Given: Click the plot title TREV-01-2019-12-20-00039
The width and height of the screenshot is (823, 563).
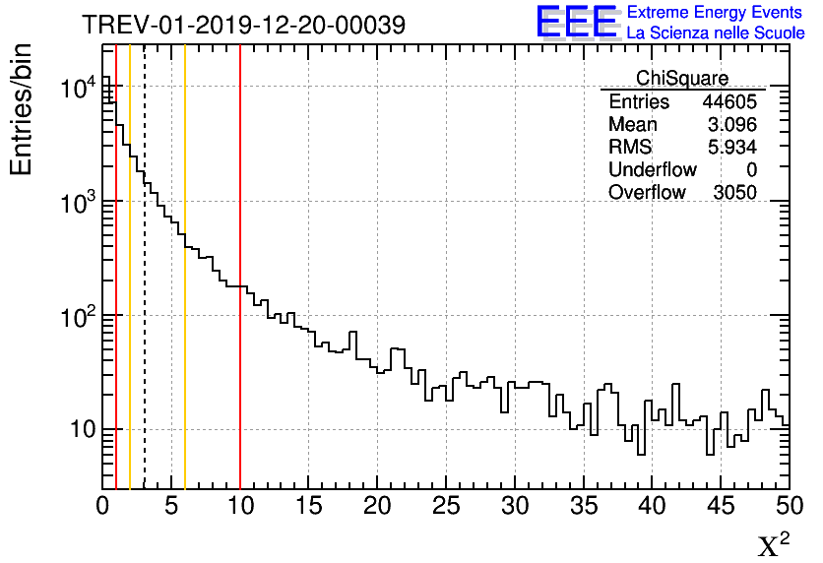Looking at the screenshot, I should click(243, 25).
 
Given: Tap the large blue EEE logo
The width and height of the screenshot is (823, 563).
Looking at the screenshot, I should click(576, 22).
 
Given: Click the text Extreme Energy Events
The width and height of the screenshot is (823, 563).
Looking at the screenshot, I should click(715, 13).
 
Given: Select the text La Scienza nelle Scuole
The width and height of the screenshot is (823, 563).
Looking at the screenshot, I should click(715, 33).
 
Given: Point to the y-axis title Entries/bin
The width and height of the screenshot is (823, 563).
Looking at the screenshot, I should click(22, 108).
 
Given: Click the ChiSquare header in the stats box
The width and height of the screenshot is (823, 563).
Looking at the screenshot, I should click(682, 79).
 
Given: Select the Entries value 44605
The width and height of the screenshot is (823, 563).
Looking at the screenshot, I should click(728, 102).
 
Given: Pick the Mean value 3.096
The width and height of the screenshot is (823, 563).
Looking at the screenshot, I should click(732, 125).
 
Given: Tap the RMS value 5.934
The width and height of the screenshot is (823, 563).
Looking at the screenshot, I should click(732, 148).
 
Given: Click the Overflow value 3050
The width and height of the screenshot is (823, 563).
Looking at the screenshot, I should click(734, 193).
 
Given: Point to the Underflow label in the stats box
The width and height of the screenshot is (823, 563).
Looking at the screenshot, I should click(652, 170).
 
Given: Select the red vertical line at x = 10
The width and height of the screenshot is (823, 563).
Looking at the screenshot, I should click(240, 394).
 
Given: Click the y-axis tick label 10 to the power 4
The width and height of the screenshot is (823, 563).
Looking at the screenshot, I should click(77, 89).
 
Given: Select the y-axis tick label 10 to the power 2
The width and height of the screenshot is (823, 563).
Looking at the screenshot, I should click(77, 317).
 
